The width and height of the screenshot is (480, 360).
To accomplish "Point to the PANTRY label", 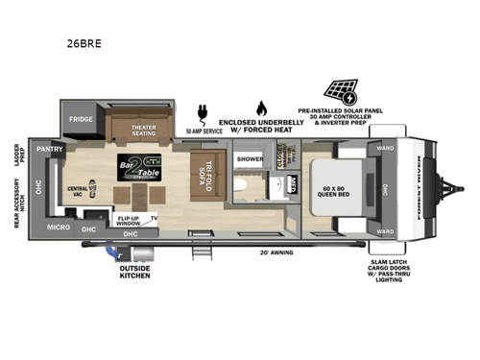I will point(50,151).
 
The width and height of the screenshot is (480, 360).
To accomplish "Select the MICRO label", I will point(57,228).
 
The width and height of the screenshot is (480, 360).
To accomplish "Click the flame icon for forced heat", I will point(261,108).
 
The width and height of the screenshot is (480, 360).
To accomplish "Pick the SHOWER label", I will point(250,158).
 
